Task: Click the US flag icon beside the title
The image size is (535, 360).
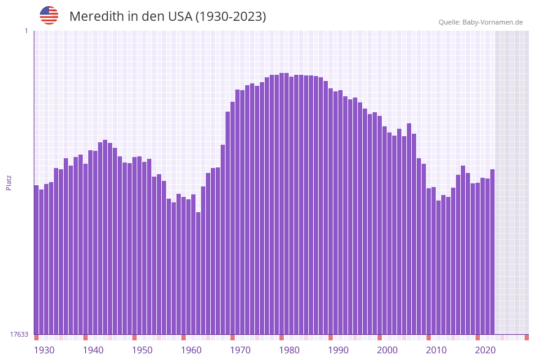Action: [x=49, y=15]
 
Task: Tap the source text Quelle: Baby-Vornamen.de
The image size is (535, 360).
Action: [x=480, y=22]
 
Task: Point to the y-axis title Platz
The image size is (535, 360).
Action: [x=9, y=182]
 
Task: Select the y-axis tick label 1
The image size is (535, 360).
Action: [x=26, y=31]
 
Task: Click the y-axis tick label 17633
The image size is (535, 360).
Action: [x=19, y=334]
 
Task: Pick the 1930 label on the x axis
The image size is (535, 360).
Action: [x=44, y=350]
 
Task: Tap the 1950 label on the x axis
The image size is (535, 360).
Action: [x=142, y=350]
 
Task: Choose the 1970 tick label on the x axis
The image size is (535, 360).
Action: [x=240, y=350]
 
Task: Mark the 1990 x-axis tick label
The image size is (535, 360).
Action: [x=338, y=350]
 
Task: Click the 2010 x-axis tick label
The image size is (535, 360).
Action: [x=436, y=350]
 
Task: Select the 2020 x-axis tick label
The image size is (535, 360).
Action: [x=485, y=350]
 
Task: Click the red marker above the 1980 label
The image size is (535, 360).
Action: [x=281, y=337]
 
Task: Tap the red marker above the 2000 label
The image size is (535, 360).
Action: [x=379, y=337]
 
